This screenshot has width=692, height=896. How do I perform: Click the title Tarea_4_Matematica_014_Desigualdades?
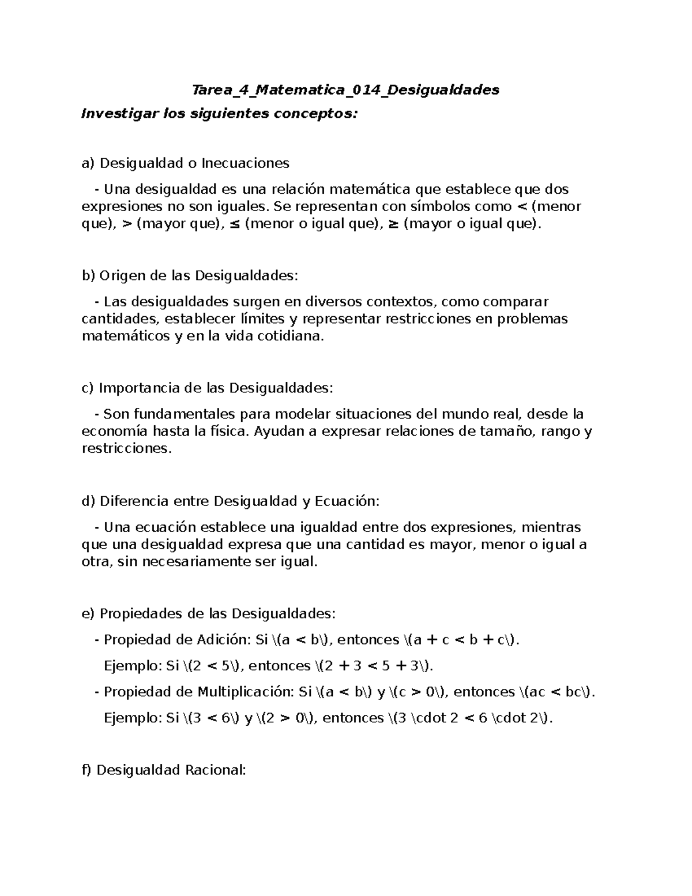pyautogui.click(x=345, y=90)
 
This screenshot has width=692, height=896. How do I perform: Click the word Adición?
pyautogui.click(x=222, y=639)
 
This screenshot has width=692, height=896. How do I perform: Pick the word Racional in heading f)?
pyautogui.click(x=215, y=770)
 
